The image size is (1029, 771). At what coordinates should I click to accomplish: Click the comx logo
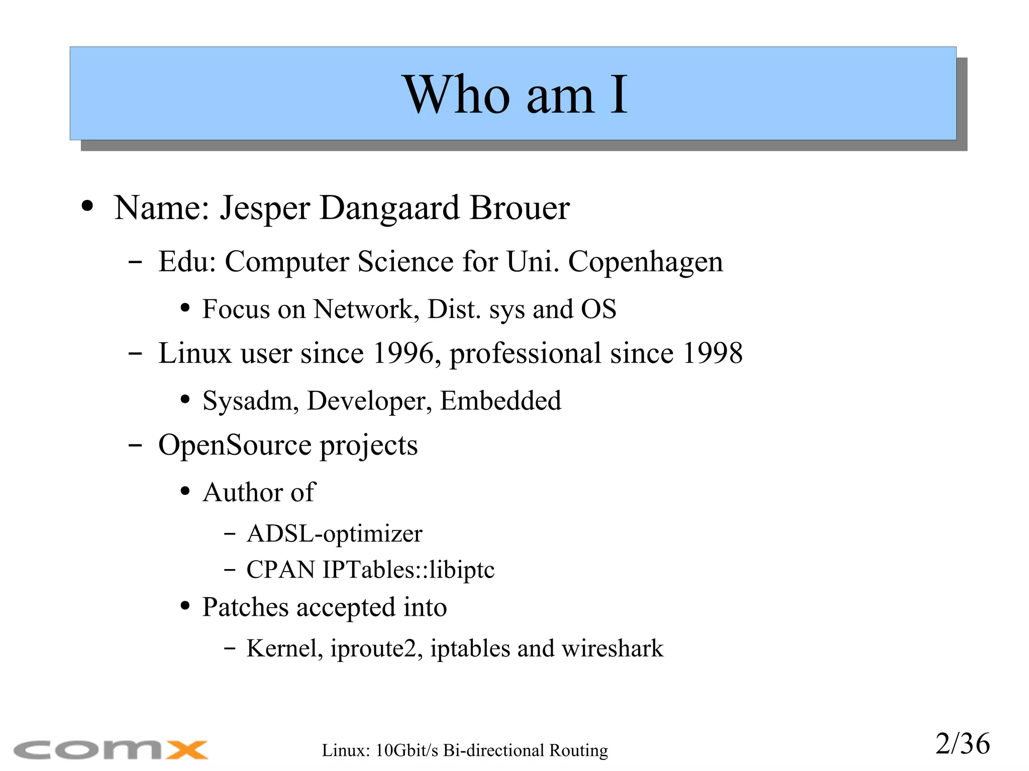coord(111,750)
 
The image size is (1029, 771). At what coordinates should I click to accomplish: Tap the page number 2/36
coord(962,744)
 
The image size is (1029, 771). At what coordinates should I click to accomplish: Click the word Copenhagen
coord(645,262)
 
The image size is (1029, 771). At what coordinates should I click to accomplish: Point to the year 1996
coord(403,353)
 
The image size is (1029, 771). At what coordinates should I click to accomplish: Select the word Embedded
coord(500,401)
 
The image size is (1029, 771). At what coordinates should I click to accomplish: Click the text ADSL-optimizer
coord(334,534)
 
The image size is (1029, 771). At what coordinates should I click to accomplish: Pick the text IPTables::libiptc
coord(408,570)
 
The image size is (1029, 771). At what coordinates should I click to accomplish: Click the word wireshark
coord(612,648)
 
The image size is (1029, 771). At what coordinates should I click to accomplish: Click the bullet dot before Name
coord(87,206)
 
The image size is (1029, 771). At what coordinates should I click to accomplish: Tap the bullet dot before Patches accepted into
coord(185,606)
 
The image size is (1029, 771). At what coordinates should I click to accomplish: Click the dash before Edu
coord(135,262)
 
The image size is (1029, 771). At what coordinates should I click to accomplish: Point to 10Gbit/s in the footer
coord(407,750)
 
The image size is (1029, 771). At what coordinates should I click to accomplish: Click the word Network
coord(363,309)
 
